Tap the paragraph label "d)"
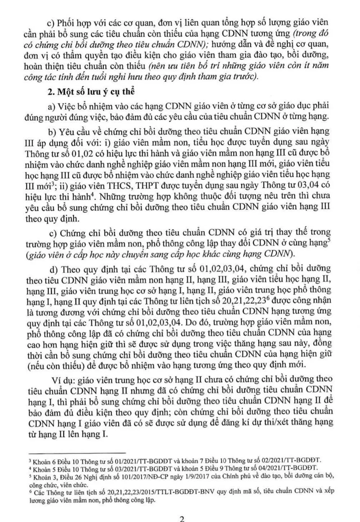54,269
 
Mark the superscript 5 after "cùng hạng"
328,241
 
